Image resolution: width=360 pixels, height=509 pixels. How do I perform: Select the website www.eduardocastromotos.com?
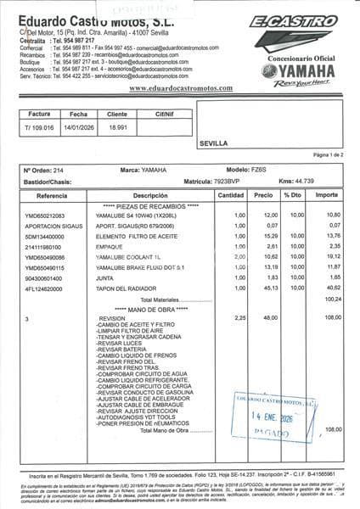point(180,88)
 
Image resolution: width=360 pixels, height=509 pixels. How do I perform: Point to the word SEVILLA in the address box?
point(214,144)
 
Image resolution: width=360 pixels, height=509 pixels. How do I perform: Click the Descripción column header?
point(139,195)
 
